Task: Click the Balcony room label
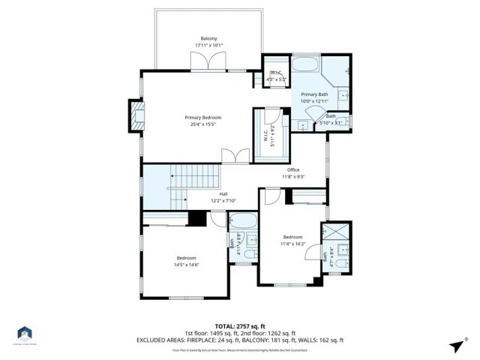pos(208,38)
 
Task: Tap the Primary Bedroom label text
pos(203,118)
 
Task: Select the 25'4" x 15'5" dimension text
pos(203,124)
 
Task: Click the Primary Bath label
pos(315,94)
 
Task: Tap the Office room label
pos(293,169)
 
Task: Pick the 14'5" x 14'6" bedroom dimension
pos(186,264)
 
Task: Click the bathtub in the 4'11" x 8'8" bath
pos(241,221)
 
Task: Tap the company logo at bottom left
pos(25,333)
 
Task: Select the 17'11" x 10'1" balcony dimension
pos(208,45)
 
